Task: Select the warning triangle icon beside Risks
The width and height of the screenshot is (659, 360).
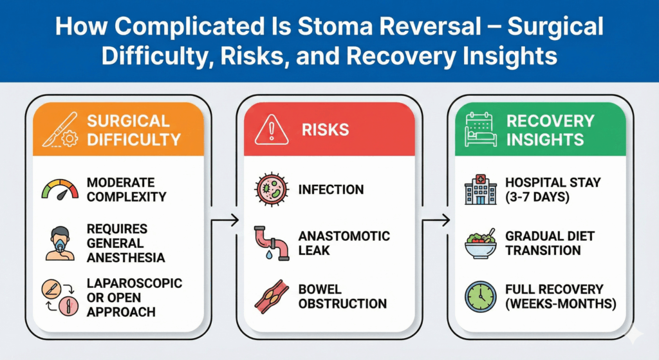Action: [x=271, y=129]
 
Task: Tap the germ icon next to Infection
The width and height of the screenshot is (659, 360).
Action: [x=270, y=189]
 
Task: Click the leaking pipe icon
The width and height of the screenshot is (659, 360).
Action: [x=270, y=243]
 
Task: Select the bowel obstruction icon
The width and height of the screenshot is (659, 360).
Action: [x=270, y=296]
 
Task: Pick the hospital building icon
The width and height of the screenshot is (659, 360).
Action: [x=480, y=189]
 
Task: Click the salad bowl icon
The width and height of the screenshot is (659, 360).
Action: [x=481, y=243]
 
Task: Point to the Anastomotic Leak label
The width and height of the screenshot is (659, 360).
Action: [x=344, y=243]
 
